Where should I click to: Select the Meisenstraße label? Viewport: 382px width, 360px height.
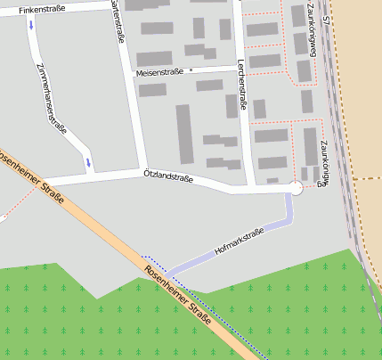[x=159, y=72]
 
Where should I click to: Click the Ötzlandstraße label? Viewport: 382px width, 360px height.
[x=168, y=178]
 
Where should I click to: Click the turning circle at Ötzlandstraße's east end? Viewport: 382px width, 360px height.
[x=296, y=187]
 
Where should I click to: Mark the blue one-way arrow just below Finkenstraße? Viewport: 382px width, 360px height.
[x=32, y=25]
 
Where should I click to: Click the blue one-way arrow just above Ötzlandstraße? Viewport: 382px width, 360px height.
[x=88, y=162]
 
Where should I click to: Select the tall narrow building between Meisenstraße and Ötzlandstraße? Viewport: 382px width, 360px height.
[x=184, y=134]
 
